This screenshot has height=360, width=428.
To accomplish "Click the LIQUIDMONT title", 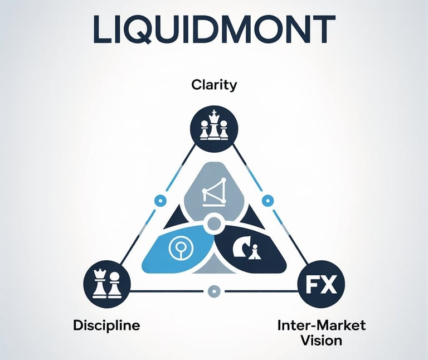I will [x=214, y=29].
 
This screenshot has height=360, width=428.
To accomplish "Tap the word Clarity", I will [x=214, y=85].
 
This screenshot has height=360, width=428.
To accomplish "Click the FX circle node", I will [x=321, y=287].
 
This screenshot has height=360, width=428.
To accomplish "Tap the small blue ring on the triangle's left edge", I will [x=160, y=199].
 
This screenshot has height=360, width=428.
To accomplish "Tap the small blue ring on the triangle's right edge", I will [x=267, y=199].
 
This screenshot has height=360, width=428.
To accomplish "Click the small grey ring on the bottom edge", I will [x=213, y=290].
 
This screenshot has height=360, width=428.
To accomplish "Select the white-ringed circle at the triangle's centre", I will [x=214, y=226].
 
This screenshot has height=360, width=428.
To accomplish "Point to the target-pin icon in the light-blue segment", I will [x=179, y=249].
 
